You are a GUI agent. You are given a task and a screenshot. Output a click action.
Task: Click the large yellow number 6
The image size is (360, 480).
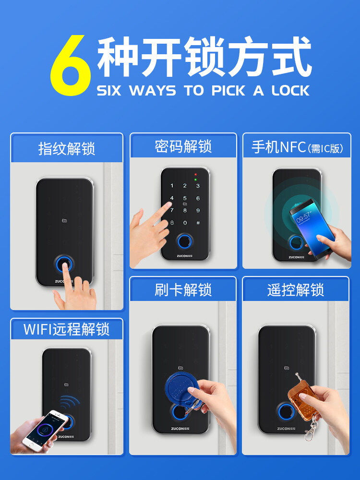tap(71, 65)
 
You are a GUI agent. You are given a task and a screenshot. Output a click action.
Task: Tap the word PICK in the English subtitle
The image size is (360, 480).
tap(228, 91)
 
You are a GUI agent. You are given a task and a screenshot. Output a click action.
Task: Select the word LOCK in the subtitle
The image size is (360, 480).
tap(290, 91)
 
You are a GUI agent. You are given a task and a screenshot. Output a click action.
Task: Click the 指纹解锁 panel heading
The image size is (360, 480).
tap(67, 149)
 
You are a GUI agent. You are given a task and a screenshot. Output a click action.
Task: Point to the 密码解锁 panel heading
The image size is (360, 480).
tap(183, 146)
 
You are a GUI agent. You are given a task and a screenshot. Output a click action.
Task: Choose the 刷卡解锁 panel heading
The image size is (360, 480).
tap(183, 289)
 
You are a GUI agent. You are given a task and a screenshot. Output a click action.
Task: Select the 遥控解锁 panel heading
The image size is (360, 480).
tap(295, 289)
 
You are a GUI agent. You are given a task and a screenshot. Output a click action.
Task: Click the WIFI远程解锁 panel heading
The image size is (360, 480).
tap(66, 329)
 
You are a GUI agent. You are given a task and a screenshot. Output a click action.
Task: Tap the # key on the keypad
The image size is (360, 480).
tap(198, 223)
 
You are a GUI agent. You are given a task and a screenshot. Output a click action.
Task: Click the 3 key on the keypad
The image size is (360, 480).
tap(198, 186)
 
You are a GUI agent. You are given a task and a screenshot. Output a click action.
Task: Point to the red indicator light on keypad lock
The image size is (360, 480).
tap(196, 175)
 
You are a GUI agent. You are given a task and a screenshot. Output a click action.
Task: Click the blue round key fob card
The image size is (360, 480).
tap(180, 387)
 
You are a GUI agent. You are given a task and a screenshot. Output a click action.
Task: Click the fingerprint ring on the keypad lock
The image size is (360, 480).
tap(185, 242)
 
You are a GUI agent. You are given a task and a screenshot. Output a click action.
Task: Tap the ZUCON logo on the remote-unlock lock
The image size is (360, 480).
tap(286, 429)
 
